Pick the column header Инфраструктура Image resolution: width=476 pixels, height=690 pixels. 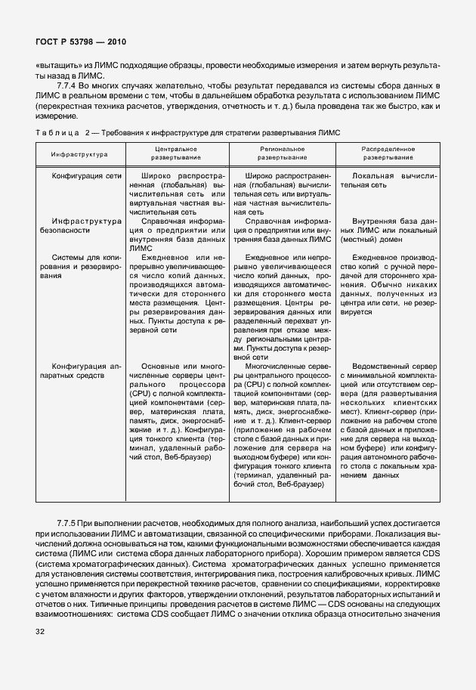79,154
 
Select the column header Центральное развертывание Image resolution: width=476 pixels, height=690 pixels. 175,154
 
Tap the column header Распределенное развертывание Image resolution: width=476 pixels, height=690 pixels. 388,154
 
